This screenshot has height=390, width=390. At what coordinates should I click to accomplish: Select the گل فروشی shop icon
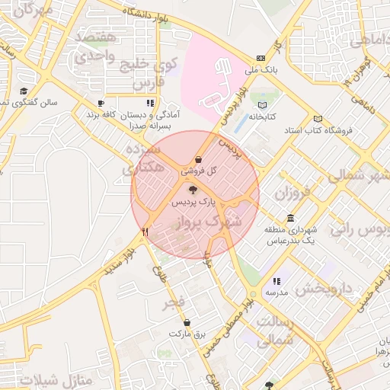click(199, 160)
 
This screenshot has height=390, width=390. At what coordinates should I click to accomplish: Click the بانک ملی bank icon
click(261, 58)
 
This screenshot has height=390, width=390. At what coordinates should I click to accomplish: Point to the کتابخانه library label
click(261, 117)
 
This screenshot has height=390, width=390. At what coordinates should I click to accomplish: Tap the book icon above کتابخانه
click(263, 104)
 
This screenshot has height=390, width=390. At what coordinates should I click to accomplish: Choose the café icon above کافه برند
click(101, 102)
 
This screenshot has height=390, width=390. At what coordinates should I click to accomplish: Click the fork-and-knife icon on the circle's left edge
click(145, 230)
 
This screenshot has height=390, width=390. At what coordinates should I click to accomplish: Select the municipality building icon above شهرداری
click(290, 218)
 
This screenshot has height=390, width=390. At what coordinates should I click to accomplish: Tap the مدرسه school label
click(275, 292)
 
